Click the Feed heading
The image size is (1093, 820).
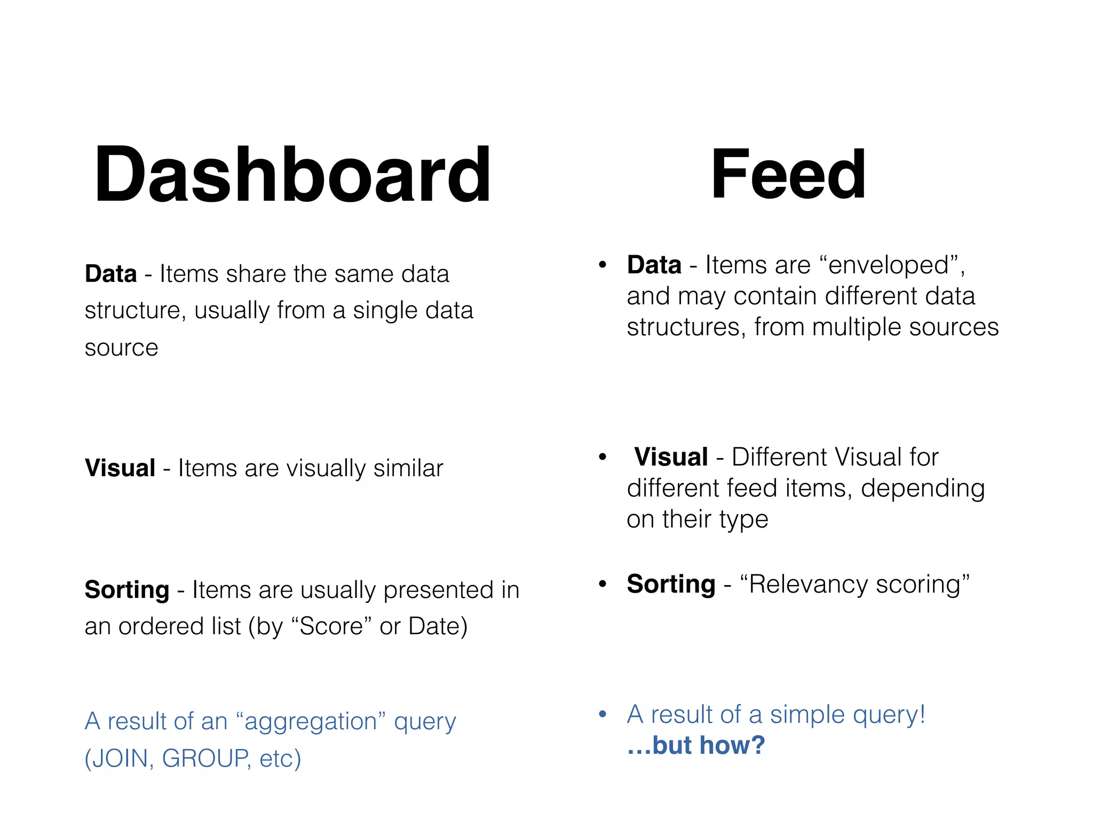coord(788,174)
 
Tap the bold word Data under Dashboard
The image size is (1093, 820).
coord(111,274)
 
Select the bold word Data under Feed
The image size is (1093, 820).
coord(654,265)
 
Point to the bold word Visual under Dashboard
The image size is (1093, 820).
coord(120,468)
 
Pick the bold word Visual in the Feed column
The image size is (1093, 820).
coord(671,457)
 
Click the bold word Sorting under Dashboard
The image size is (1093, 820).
coord(127,590)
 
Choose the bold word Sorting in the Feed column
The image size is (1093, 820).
coord(671,584)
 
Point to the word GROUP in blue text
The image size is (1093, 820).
coord(205,759)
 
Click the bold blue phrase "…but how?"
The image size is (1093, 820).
coord(696,745)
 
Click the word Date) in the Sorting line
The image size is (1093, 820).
coord(438,626)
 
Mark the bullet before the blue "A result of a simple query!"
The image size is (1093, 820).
coord(603,714)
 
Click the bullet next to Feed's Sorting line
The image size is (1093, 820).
coord(603,584)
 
